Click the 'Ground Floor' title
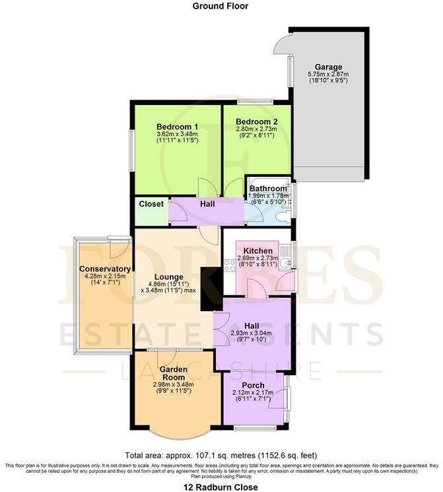(221, 6)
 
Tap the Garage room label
(327, 67)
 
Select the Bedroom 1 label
(177, 127)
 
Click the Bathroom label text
(268, 189)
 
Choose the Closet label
(151, 204)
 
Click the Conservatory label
(105, 269)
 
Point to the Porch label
(253, 385)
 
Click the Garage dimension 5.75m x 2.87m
(327, 76)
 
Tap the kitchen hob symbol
(230, 265)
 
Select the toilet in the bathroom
(282, 215)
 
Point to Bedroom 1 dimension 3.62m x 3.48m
(177, 134)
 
